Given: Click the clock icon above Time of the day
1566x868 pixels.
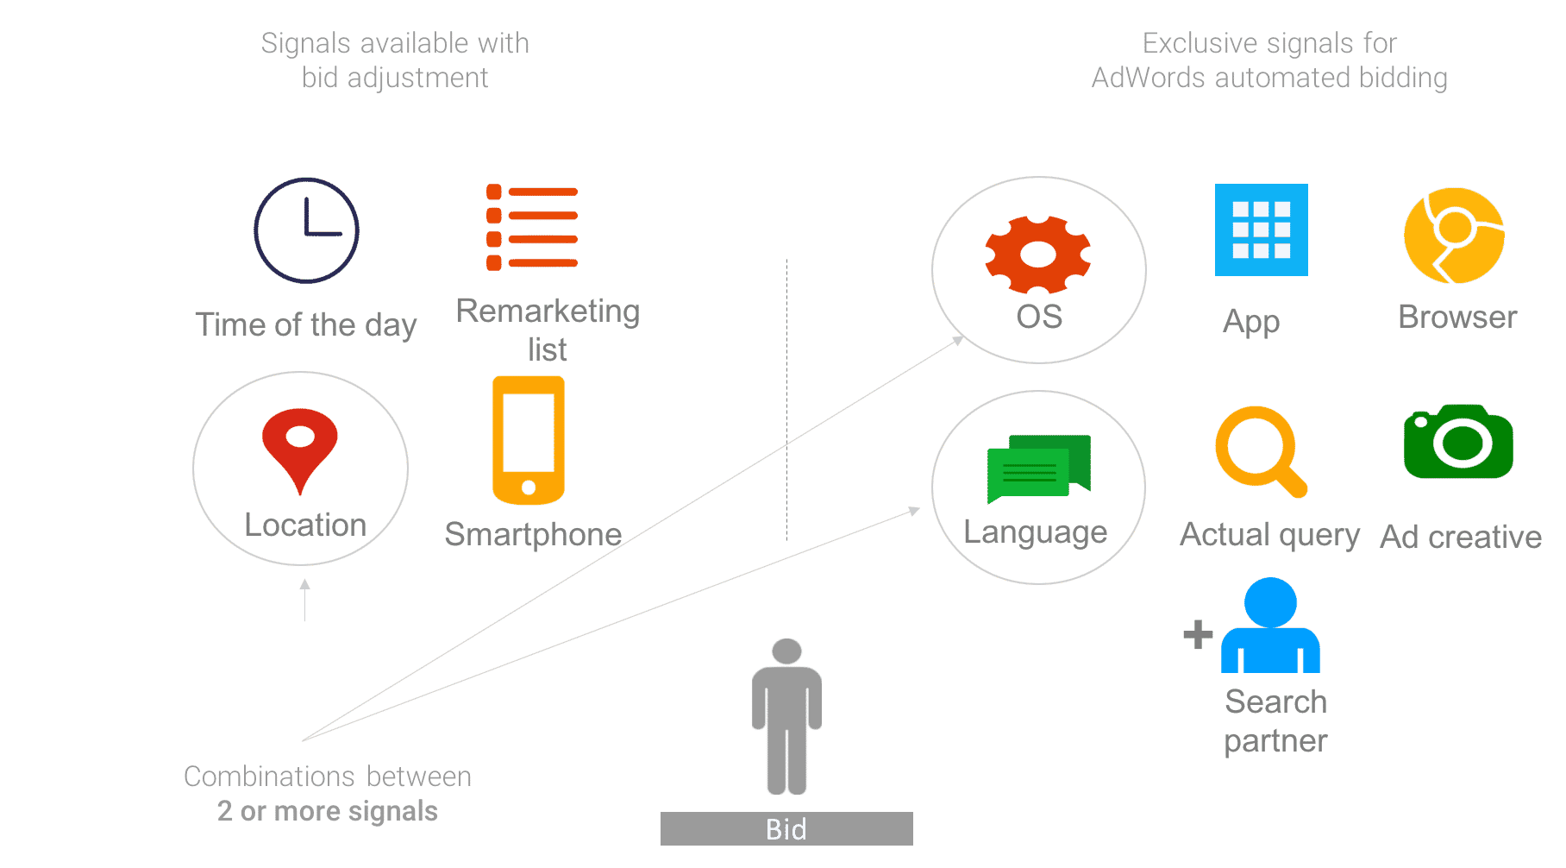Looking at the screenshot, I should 306,230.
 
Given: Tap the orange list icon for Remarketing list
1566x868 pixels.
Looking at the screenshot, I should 531,228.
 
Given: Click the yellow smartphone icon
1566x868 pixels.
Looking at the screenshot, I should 529,440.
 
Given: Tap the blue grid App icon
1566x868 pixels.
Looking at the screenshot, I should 1261,230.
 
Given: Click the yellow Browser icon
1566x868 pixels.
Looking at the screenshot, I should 1454,235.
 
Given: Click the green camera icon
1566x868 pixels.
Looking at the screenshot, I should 1458,442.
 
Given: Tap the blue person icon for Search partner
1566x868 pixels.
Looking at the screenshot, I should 1270,626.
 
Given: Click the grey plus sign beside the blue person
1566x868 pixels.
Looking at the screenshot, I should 1198,635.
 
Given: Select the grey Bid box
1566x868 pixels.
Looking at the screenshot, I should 786,829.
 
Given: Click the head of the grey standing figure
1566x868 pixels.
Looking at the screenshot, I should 786,651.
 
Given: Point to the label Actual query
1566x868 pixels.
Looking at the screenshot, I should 1269,535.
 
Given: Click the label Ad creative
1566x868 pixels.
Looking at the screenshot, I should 1461,537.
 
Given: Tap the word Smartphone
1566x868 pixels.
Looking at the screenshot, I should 533,535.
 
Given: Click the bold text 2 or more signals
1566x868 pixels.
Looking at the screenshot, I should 328,811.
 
